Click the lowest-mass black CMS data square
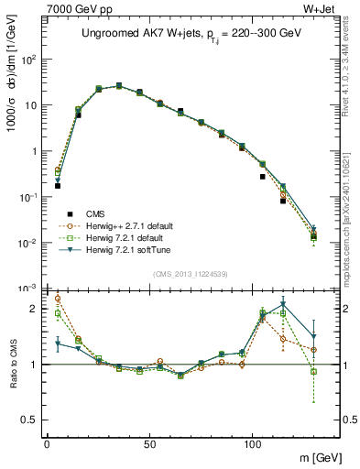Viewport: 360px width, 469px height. [58, 185]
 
